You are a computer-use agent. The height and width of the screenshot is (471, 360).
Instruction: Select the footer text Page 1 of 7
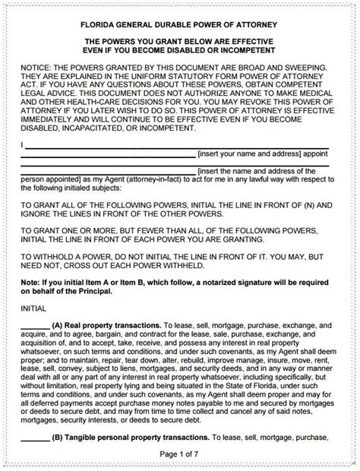tap(180, 454)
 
